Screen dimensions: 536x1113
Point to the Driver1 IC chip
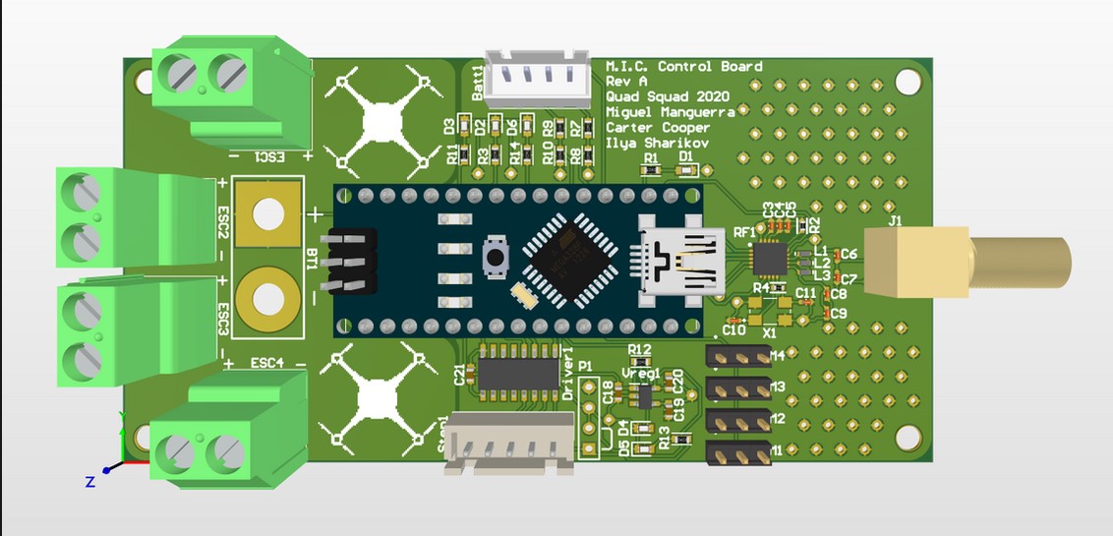point(519,373)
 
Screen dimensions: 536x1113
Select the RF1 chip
point(769,259)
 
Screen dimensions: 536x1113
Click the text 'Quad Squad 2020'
point(668,96)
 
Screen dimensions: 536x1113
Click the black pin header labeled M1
point(736,451)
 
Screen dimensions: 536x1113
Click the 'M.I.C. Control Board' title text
point(683,66)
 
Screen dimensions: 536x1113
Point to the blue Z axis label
point(88,481)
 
